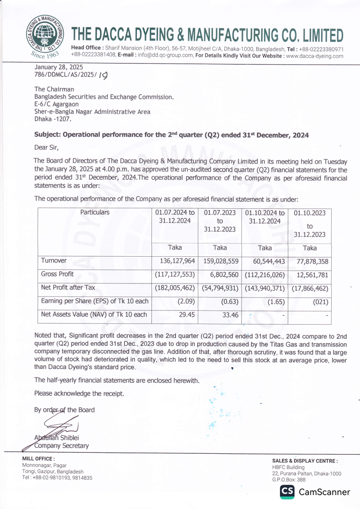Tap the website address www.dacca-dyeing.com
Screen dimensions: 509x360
tap(314, 56)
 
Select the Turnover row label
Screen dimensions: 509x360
tap(54, 260)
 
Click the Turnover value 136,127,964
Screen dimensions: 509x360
tap(174, 260)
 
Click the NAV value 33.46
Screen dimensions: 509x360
tap(226, 316)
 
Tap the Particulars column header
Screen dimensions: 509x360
tap(95, 212)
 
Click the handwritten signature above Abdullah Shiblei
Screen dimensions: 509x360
tap(59, 425)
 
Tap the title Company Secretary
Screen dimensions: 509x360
tap(62, 446)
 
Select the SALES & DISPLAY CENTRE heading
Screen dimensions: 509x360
tap(305, 461)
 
